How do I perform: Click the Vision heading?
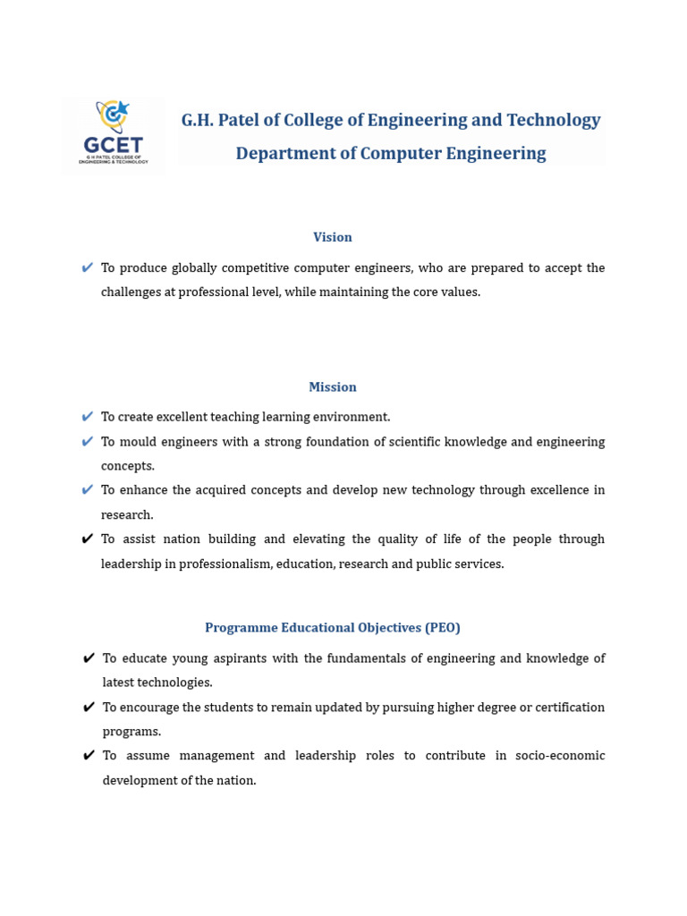point(333,237)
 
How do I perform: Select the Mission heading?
point(333,387)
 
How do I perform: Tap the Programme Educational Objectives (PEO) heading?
point(333,628)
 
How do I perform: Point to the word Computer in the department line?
point(401,153)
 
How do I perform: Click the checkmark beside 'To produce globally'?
point(87,267)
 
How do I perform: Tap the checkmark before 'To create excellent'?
point(87,417)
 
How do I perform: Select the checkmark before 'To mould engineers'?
point(87,441)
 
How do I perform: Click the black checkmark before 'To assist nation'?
point(87,539)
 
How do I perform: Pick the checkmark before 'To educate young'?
point(89,658)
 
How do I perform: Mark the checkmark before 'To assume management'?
point(89,756)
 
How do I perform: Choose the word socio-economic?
point(561,756)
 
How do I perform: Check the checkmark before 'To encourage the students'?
point(89,708)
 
